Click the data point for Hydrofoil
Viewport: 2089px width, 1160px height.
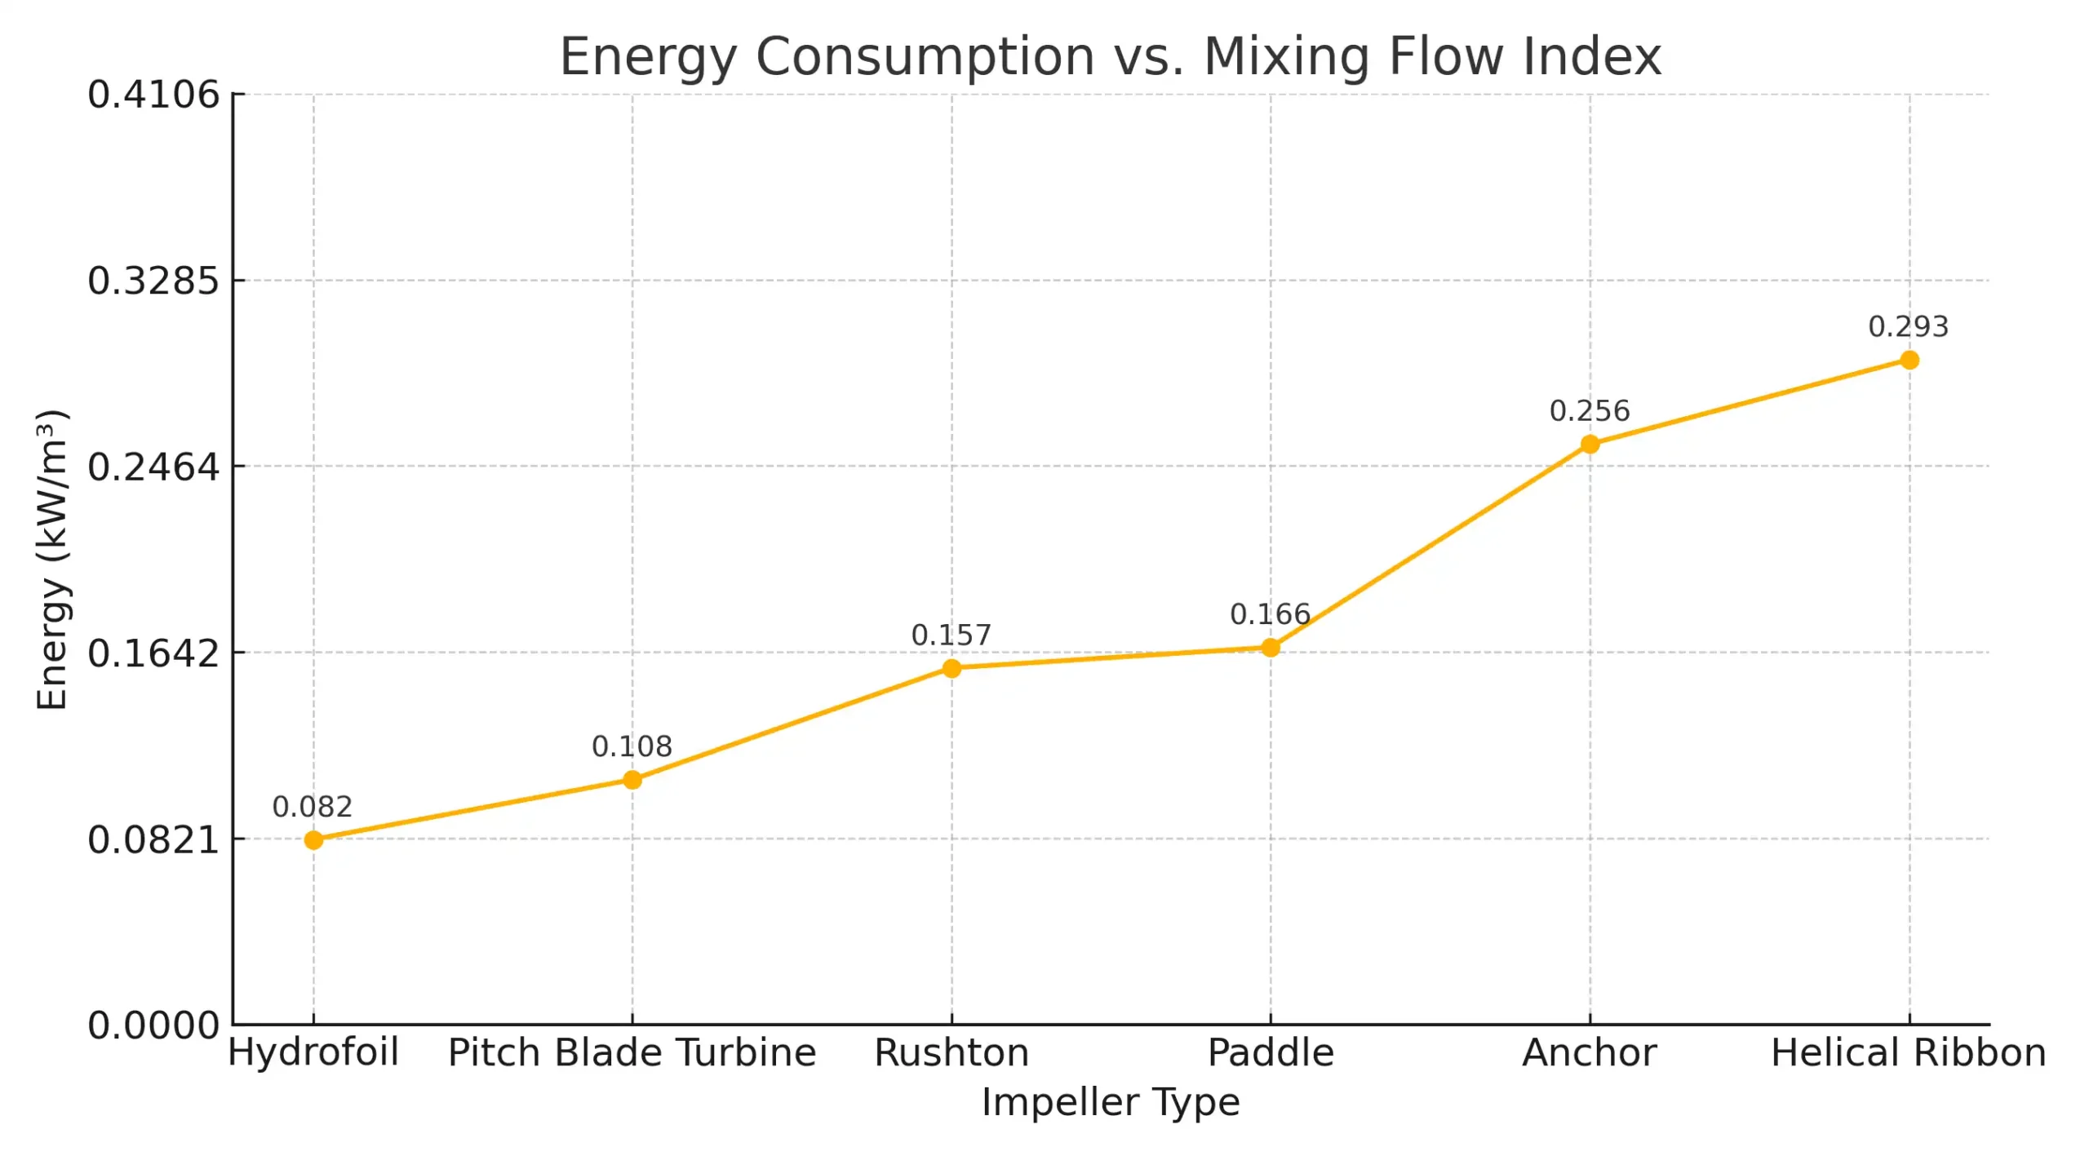(x=313, y=840)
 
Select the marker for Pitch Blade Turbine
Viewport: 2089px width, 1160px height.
(x=632, y=781)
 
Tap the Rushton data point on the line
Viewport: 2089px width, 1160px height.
(x=951, y=669)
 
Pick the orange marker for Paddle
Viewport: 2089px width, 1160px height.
(x=1271, y=649)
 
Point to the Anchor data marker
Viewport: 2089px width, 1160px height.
(x=1590, y=445)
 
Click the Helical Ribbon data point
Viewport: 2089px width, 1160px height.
(x=1909, y=361)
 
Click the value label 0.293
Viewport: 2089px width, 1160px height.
(x=1908, y=327)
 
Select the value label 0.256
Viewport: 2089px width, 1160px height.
(x=1589, y=411)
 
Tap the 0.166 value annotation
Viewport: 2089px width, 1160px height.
(x=1270, y=615)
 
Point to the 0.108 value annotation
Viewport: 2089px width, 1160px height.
(x=632, y=747)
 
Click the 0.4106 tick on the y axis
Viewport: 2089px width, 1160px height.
(x=153, y=95)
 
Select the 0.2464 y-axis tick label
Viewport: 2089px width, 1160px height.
(x=153, y=467)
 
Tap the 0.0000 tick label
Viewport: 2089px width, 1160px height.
(x=153, y=1026)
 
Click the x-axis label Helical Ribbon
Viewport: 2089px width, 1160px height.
(x=1908, y=1053)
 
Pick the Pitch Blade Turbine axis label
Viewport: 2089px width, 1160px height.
(x=632, y=1053)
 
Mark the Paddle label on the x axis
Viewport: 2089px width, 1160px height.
(x=1271, y=1053)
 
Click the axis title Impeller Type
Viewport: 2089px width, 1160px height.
(x=1110, y=1103)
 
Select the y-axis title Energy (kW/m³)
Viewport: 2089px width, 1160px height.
(x=52, y=560)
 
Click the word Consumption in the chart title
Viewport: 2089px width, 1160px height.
(x=925, y=57)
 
